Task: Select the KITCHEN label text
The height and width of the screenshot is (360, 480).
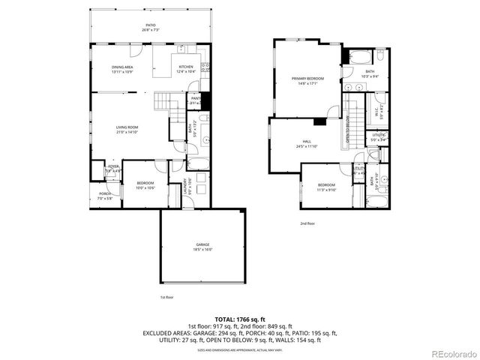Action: [x=186, y=67]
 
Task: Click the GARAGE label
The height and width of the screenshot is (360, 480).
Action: [x=202, y=244]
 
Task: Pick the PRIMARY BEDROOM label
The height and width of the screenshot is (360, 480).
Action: [x=308, y=78]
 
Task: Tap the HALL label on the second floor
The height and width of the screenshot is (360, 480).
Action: [x=307, y=142]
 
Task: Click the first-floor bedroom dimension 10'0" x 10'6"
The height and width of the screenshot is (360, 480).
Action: [x=145, y=187]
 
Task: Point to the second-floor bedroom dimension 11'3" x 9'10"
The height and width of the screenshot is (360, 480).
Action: [x=326, y=190]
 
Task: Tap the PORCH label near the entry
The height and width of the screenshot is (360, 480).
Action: [x=104, y=194]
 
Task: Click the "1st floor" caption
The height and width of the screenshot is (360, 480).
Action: [x=166, y=297]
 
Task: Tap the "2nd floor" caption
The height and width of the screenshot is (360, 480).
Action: [x=307, y=223]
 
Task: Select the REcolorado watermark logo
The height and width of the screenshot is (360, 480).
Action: [x=450, y=353]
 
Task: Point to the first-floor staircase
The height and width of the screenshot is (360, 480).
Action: [x=166, y=104]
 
